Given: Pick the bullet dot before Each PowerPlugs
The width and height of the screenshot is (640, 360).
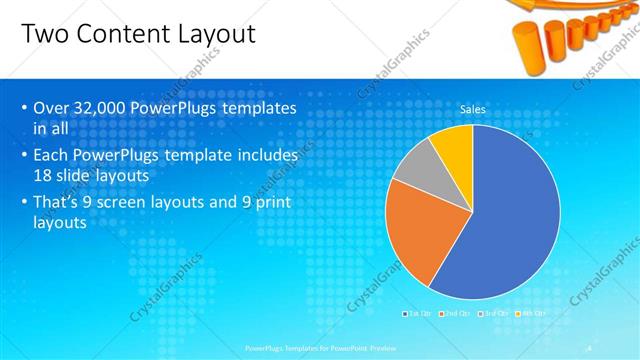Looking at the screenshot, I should [24, 156].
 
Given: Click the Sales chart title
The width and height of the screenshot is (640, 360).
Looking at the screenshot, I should [473, 109].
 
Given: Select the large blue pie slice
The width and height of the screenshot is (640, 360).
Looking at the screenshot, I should [510, 220].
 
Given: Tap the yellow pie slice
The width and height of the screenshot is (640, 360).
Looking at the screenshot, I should [454, 145].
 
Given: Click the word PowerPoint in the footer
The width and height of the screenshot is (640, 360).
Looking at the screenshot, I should [361, 348].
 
